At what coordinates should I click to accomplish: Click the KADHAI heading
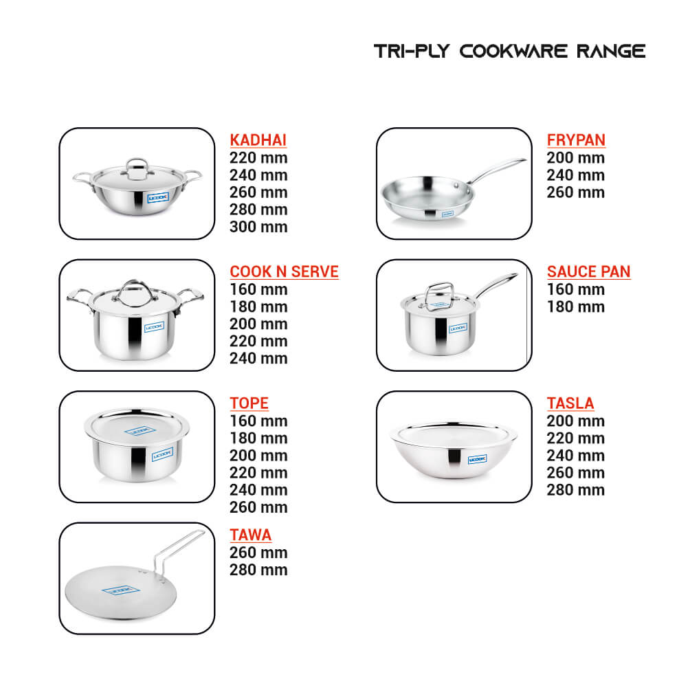(x=258, y=140)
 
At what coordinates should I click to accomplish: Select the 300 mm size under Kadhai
(x=258, y=227)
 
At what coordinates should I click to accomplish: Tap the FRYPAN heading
(x=576, y=140)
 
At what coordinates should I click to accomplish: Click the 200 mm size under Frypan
(x=576, y=157)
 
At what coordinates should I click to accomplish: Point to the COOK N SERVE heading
(x=285, y=271)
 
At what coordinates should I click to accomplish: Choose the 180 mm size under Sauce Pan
(x=576, y=307)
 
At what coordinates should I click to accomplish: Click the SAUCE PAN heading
(x=588, y=271)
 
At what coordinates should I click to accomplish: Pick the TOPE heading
(x=249, y=403)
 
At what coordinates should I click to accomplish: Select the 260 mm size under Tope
(x=258, y=507)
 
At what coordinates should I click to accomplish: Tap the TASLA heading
(x=570, y=403)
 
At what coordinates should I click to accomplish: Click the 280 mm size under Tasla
(x=576, y=489)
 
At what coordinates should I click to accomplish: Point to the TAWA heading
(x=251, y=535)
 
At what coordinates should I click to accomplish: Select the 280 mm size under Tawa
(x=258, y=570)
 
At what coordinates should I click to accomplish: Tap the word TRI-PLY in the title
(x=412, y=51)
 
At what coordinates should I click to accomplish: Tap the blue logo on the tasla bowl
(x=478, y=459)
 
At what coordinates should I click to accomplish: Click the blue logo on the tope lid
(x=140, y=430)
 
